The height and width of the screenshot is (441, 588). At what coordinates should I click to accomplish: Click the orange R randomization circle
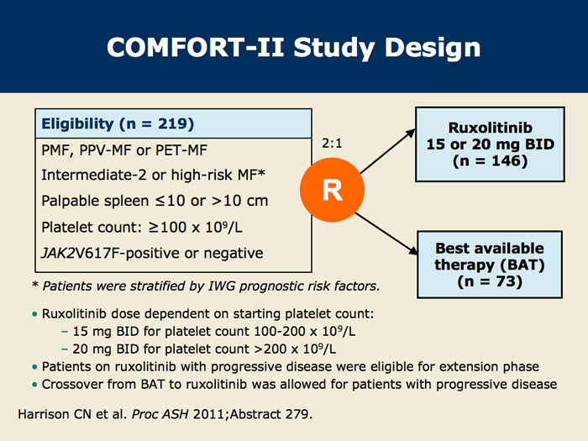[333, 190]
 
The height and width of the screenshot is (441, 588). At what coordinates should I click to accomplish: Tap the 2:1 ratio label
[332, 144]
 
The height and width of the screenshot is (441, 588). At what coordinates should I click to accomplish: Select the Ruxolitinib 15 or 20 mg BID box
[490, 144]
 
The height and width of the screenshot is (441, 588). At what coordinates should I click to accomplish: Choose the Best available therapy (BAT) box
[490, 265]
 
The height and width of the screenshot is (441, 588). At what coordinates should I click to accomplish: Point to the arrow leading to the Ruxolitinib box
[388, 151]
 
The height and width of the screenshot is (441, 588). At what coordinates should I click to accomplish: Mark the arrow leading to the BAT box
[386, 234]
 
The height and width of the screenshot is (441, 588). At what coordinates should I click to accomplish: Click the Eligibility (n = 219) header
[118, 123]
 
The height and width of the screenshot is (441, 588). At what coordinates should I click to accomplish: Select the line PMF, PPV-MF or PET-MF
[124, 150]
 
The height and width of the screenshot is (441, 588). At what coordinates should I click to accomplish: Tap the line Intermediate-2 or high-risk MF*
[154, 175]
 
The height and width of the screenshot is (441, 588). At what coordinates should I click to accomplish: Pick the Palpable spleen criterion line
[155, 201]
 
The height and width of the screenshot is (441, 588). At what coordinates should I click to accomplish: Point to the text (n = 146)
[490, 161]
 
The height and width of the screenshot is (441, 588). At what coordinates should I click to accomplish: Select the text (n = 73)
[490, 281]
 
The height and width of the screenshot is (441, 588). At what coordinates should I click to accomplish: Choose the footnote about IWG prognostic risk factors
[206, 286]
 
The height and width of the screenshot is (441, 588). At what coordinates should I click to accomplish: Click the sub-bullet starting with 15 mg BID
[213, 331]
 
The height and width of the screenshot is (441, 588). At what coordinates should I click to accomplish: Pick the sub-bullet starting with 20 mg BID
[204, 349]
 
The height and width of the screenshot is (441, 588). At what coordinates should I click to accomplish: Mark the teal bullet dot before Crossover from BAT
[35, 385]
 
